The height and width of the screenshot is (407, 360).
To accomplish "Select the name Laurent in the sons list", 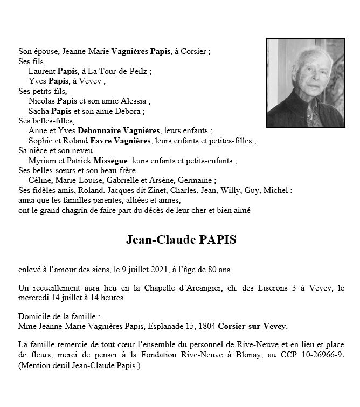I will tap(41, 71).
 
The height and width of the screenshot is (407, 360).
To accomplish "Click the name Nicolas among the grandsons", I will tap(41, 101).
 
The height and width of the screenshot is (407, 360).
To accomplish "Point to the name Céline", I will tap(40, 181).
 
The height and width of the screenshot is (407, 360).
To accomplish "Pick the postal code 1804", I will tap(210, 326).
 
